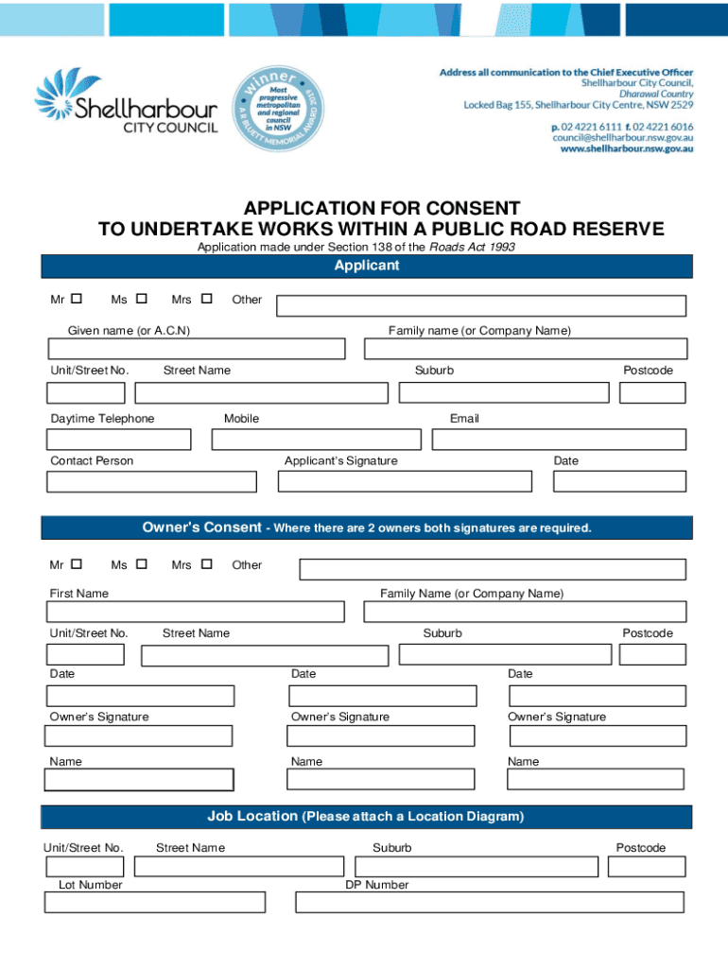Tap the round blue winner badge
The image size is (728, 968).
(x=274, y=108)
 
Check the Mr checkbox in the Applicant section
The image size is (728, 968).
(x=77, y=299)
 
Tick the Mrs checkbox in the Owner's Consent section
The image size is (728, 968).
(x=207, y=564)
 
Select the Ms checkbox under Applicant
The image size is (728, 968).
(x=142, y=299)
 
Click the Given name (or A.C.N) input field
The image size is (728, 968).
(x=197, y=349)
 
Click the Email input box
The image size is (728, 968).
(x=559, y=440)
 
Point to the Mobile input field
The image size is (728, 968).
(x=317, y=440)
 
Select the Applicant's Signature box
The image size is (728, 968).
(x=406, y=481)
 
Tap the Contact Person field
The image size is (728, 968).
(x=151, y=481)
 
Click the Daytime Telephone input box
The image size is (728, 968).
(x=119, y=440)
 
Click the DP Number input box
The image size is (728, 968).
(x=489, y=903)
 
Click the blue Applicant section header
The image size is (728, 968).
(x=367, y=267)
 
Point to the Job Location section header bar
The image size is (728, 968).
(x=367, y=816)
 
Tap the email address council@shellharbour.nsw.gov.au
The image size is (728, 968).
(x=622, y=137)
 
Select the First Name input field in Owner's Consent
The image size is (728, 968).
(x=197, y=612)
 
